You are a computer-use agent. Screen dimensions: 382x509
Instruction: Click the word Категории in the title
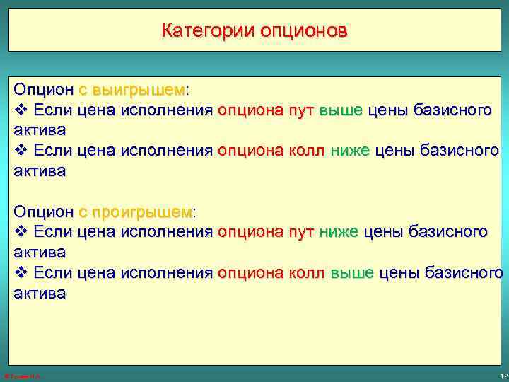coord(208,31)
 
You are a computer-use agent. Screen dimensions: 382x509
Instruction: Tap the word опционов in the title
coord(304,31)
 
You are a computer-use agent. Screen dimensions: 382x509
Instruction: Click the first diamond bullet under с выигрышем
coord(21,110)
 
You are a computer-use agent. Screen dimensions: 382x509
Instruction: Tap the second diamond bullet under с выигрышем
coord(21,151)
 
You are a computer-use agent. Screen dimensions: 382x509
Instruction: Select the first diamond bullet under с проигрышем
coord(21,232)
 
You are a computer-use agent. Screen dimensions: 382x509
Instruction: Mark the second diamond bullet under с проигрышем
coord(21,272)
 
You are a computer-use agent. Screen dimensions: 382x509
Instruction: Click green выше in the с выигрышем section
coord(341,110)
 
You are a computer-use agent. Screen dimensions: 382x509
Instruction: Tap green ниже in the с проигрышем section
coord(339,232)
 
